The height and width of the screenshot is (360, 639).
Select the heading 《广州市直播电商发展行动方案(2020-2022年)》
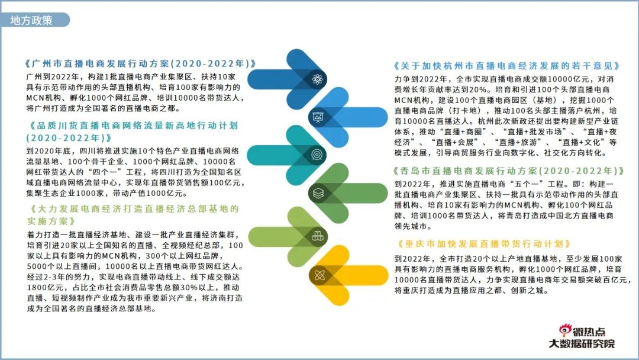coord(141,64)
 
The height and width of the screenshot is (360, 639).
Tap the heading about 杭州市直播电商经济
coord(507,66)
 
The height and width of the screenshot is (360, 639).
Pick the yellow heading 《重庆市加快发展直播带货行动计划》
coord(484,244)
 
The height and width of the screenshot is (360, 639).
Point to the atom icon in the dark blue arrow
coord(317,79)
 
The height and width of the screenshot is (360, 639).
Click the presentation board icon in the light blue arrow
coord(318,117)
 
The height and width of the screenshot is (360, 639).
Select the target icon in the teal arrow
coord(317,155)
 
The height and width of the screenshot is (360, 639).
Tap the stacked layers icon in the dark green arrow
coord(318,193)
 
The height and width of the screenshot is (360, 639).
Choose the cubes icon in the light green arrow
coord(317,236)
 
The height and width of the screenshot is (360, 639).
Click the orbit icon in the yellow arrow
coord(319,275)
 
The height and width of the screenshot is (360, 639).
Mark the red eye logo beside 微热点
coord(565,329)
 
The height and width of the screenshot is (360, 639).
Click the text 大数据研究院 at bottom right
coord(582,343)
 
